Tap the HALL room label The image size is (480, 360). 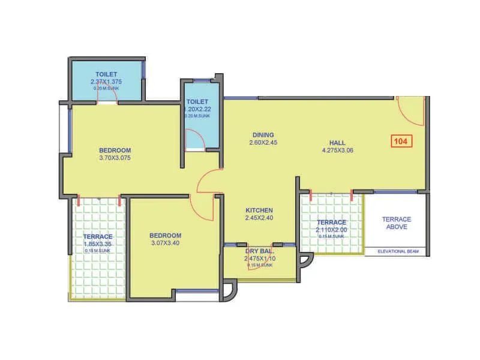(337, 142)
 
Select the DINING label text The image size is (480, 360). (262, 135)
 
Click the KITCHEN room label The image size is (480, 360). (259, 210)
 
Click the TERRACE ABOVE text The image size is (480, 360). (397, 223)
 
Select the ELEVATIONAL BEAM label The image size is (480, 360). (397, 251)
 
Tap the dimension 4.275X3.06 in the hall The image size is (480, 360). (337, 151)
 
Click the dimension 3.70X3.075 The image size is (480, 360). (115, 158)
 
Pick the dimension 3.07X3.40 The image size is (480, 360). (165, 244)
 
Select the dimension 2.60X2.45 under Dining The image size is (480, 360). (262, 143)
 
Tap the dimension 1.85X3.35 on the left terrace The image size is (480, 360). (98, 245)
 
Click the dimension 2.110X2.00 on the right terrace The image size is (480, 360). (331, 230)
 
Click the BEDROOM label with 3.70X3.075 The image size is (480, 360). (115, 150)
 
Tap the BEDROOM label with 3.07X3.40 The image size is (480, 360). (165, 236)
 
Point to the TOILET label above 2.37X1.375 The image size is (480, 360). (106, 74)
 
